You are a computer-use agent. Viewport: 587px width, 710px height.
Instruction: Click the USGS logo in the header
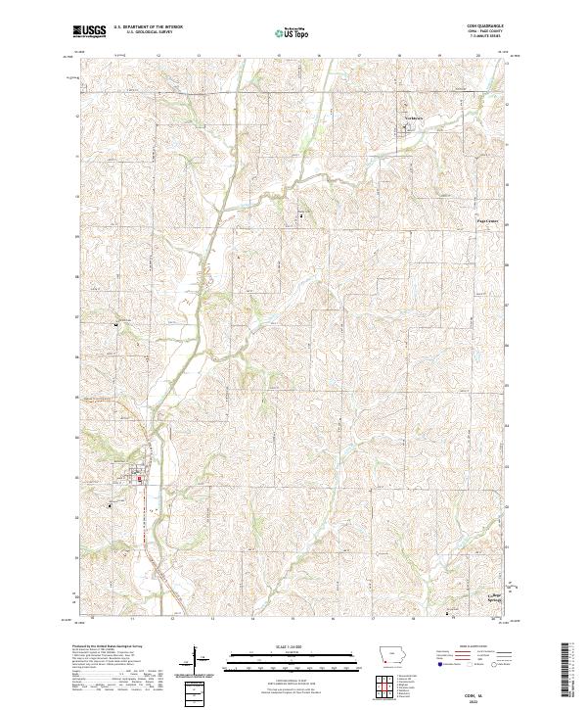pyautogui.click(x=89, y=32)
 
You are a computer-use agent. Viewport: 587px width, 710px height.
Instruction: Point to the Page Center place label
pyautogui.click(x=487, y=221)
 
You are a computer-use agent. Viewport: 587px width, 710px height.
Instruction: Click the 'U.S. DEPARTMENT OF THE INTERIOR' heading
pyautogui.click(x=147, y=27)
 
